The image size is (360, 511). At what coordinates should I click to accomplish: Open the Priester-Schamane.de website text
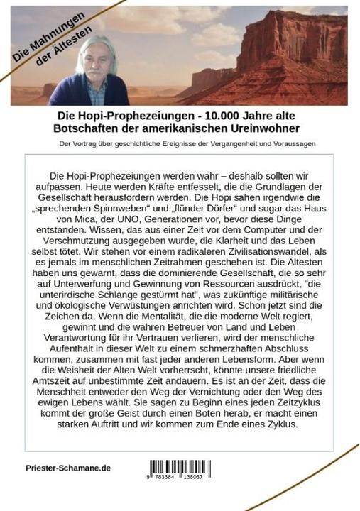(x=67, y=469)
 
